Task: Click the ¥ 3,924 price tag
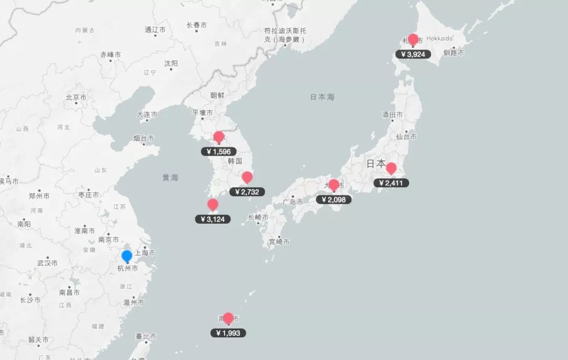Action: click(413, 54)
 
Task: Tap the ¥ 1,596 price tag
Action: click(219, 152)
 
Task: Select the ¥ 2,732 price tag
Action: click(247, 192)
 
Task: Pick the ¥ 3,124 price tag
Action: click(212, 219)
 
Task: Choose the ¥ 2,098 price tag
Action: click(333, 199)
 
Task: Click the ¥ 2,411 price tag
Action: click(391, 183)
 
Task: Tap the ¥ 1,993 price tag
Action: click(228, 333)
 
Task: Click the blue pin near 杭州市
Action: click(127, 256)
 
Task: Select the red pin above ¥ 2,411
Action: click(391, 168)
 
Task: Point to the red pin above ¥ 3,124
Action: click(212, 205)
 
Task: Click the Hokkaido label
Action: click(439, 38)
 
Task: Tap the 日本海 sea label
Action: click(322, 97)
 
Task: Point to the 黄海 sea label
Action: click(170, 177)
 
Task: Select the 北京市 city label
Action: click(76, 97)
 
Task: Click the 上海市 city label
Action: click(145, 253)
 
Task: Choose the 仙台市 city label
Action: click(406, 137)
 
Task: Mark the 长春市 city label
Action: click(196, 25)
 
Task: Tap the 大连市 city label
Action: click(147, 114)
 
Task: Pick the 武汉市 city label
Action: click(47, 263)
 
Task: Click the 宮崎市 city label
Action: click(279, 242)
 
